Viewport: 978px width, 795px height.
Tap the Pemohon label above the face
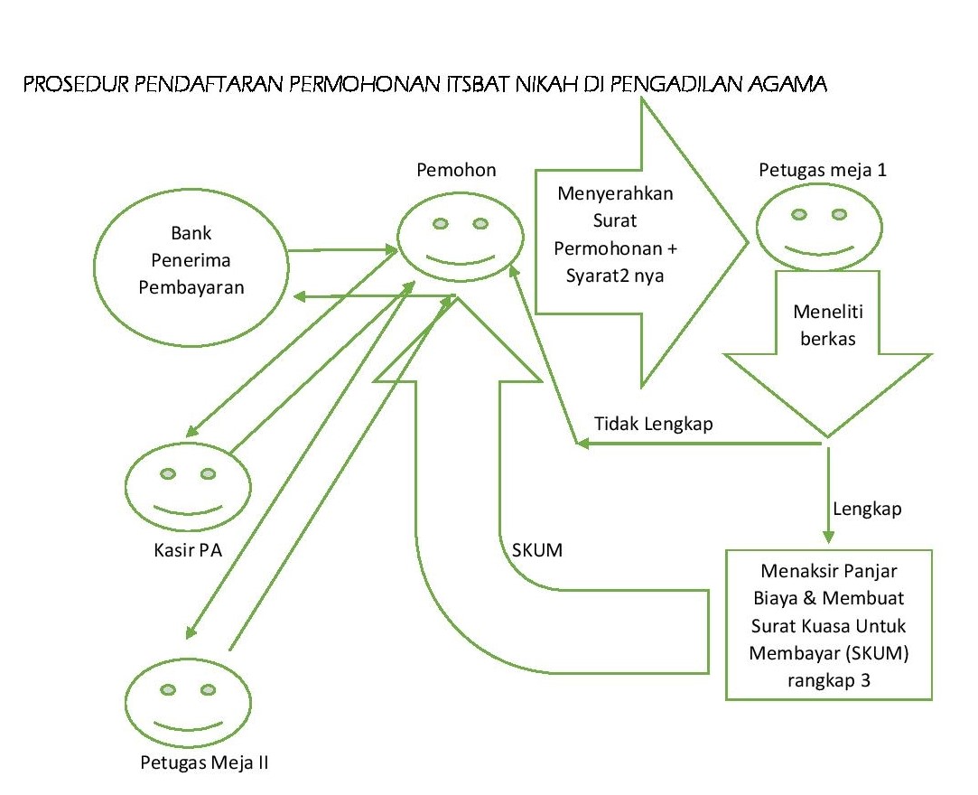456,170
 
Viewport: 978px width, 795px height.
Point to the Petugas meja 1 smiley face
819,229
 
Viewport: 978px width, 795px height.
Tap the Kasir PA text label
188,549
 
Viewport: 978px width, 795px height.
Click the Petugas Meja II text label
205,762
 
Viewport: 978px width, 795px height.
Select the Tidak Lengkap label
654,424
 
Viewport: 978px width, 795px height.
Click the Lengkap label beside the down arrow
867,510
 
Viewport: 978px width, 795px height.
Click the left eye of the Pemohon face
440,223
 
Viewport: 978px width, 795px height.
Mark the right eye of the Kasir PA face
208,473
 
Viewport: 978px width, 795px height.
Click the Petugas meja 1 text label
823,170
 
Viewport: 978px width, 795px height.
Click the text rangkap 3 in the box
828,680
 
